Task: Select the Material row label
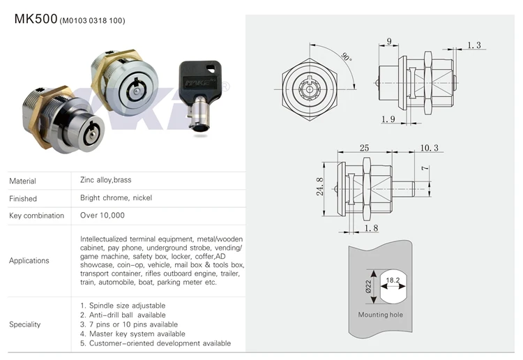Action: point(22,181)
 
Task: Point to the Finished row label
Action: point(23,199)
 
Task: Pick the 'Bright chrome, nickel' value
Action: point(116,197)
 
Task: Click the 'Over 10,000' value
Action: point(103,216)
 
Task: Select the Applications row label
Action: point(29,261)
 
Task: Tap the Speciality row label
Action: point(25,324)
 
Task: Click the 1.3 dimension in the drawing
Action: point(474,45)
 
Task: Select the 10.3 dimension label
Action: point(429,148)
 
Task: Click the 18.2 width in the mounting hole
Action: point(393,280)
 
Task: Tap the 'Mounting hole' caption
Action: point(380,315)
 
